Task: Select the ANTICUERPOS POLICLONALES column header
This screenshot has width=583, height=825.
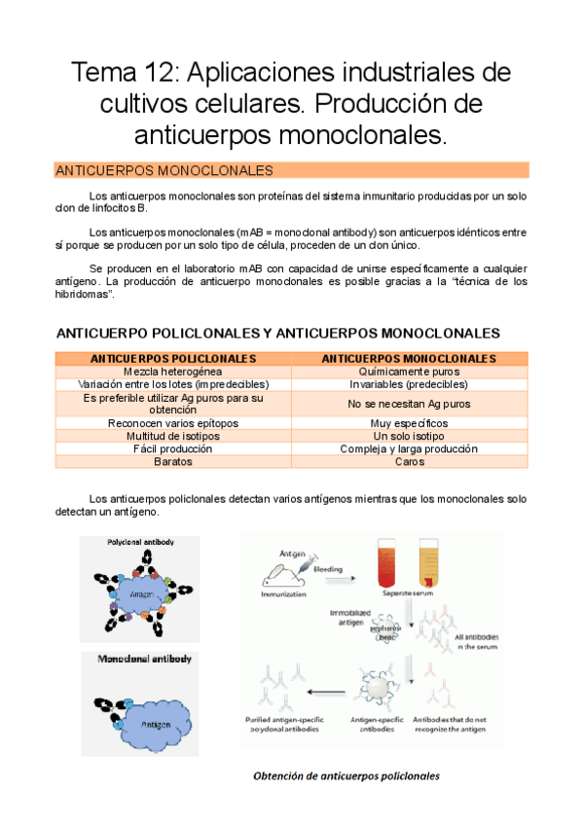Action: pos(173,359)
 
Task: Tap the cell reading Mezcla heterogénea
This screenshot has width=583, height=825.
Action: pos(173,372)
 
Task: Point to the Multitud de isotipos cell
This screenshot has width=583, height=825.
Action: pos(173,436)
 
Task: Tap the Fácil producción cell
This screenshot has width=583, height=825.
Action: pos(173,448)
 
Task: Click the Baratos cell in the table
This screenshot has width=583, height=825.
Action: pos(173,461)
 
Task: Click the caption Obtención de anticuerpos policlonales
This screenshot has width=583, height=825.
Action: pos(346,775)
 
